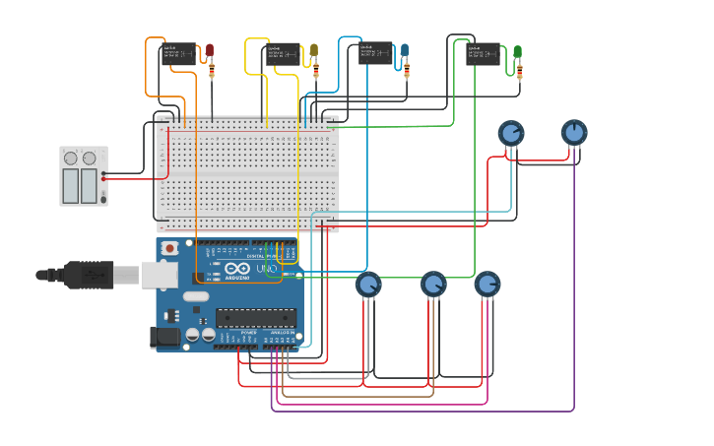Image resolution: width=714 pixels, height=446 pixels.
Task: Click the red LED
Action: tap(209, 49)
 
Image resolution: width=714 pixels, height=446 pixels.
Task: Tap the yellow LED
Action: tap(314, 49)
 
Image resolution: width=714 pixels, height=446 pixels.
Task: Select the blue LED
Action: tap(404, 49)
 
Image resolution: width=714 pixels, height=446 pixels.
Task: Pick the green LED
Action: tap(517, 51)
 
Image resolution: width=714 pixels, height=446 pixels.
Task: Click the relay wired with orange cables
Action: tap(178, 54)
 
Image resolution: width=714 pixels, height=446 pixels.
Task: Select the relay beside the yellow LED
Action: tap(284, 54)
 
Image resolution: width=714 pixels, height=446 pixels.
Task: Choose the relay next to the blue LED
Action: tap(376, 53)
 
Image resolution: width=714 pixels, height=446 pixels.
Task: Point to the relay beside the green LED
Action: tap(483, 53)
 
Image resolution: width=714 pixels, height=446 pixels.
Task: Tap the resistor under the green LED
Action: tap(519, 71)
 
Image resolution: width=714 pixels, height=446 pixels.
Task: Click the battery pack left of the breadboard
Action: tap(83, 176)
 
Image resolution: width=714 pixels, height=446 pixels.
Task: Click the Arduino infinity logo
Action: tap(237, 268)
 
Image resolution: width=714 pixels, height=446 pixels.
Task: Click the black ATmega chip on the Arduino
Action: tap(256, 317)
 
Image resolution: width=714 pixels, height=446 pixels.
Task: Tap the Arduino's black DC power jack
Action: tap(165, 337)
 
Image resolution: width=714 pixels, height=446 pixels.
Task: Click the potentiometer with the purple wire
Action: tap(574, 132)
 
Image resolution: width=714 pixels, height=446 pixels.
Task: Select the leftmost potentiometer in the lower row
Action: tap(368, 285)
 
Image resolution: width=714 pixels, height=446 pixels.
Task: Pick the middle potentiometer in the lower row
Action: tap(433, 285)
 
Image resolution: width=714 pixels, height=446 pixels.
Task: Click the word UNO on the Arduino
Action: tap(267, 268)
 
